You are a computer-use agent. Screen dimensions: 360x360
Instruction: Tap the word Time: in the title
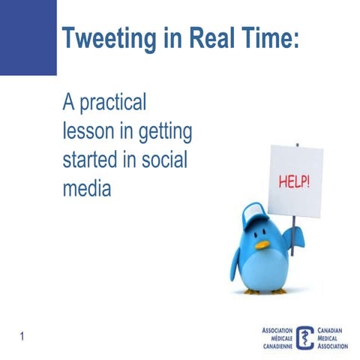265,37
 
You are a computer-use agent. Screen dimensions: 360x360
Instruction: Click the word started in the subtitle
91,160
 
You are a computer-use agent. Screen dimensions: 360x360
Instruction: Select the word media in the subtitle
86,188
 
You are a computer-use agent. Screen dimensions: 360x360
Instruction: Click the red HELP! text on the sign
295,181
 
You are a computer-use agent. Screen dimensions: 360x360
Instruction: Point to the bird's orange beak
261,244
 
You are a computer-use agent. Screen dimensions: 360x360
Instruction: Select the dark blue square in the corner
28,37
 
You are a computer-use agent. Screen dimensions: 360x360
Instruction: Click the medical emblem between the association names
305,337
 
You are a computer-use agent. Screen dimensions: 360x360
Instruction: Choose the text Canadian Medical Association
334,338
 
